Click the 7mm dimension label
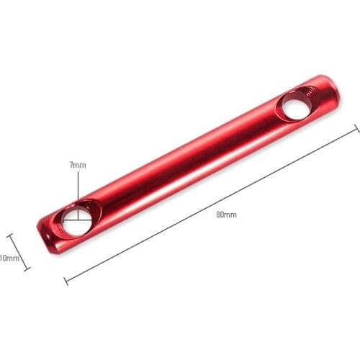(x=77, y=165)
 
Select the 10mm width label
(x=9, y=258)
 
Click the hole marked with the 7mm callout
(x=76, y=220)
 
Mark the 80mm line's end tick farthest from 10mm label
(x=356, y=129)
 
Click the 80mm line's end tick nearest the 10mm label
(x=66, y=279)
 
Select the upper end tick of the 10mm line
(x=10, y=235)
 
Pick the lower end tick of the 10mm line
(x=27, y=269)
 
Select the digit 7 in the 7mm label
(x=71, y=165)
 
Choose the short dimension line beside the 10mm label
(x=19, y=252)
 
